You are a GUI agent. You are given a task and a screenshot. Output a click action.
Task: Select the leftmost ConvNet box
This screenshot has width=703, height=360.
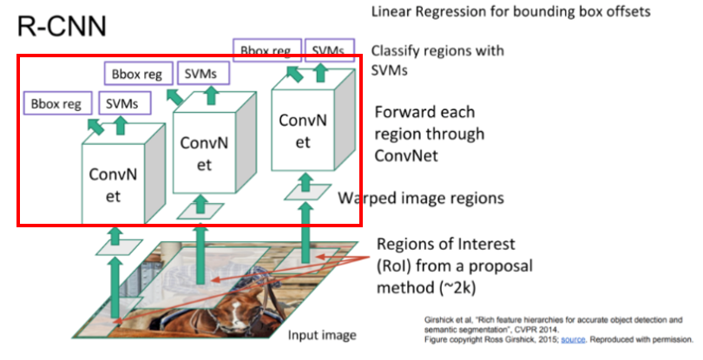click(x=113, y=183)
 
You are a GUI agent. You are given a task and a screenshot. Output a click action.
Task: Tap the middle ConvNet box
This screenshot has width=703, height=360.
click(x=205, y=152)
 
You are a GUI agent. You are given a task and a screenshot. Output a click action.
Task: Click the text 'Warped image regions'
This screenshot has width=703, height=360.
click(x=420, y=198)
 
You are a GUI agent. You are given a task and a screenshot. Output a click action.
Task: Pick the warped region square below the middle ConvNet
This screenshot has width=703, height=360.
click(x=197, y=210)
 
